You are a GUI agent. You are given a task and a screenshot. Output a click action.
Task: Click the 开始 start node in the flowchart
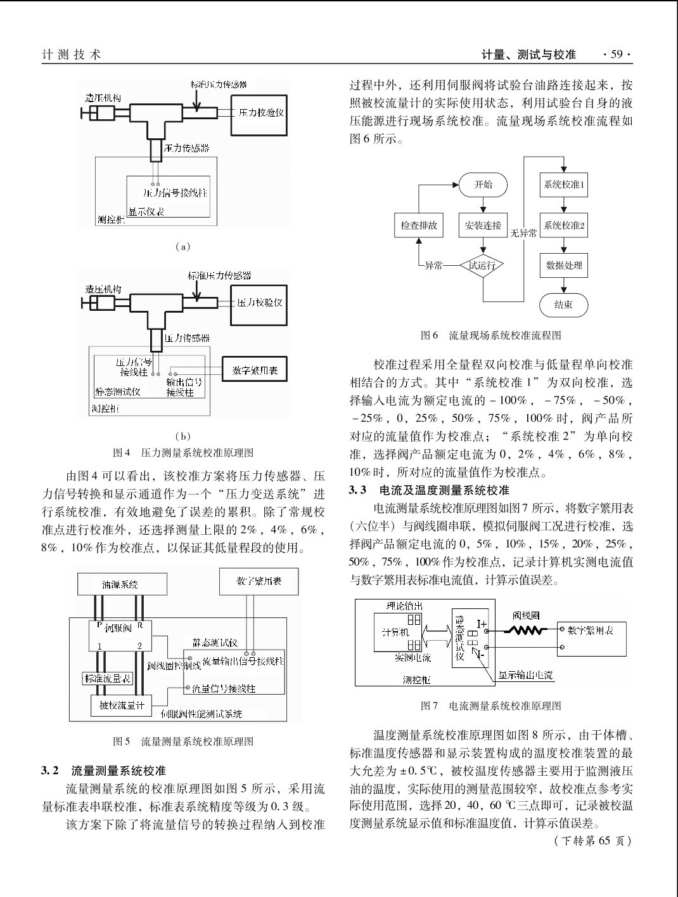pos(483,185)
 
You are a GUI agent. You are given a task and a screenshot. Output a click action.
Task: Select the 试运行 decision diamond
pos(482,266)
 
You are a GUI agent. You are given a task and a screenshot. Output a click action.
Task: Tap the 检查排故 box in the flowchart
pos(419,225)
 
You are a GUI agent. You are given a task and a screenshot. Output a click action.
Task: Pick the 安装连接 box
pos(483,225)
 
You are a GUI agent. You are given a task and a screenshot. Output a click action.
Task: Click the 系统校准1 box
pos(564,185)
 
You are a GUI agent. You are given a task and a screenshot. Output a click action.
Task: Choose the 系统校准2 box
pos(564,225)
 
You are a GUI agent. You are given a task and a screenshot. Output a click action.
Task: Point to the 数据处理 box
pos(564,266)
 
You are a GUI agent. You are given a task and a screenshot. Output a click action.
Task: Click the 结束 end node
pos(564,305)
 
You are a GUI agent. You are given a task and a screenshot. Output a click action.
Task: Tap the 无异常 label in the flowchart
pos(523,233)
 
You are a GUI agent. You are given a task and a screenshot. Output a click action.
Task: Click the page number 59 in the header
pos(617,54)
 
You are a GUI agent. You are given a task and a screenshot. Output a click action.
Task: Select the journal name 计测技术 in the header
pos(72,55)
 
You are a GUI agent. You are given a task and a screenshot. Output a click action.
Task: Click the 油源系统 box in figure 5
pos(122,584)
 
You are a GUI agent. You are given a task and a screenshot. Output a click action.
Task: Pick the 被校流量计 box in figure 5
pos(121,705)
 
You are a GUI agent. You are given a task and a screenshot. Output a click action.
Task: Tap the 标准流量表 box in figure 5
pos(107,679)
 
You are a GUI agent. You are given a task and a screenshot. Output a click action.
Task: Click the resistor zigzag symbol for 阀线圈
pos(526,631)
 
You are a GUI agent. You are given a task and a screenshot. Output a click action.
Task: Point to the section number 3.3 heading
pos(357,490)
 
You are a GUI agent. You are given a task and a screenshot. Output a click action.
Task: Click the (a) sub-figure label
pos(182,246)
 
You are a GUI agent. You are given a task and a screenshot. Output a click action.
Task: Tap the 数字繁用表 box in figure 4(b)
pos(255,369)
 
